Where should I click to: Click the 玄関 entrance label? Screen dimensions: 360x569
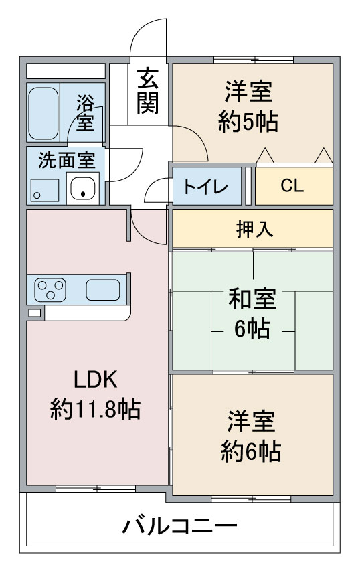[x=148, y=91]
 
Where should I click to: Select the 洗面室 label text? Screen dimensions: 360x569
[x=67, y=160]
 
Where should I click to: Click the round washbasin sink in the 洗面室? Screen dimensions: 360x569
[x=83, y=188]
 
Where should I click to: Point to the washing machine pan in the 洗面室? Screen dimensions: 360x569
[x=45, y=191]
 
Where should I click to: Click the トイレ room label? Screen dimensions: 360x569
[x=205, y=187]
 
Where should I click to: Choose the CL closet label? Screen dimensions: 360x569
[x=292, y=186]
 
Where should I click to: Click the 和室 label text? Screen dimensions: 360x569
[x=252, y=299]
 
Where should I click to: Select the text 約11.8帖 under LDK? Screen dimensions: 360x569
[x=95, y=409]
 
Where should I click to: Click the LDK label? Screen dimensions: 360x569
[x=96, y=380]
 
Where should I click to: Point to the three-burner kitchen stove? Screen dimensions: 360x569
[x=50, y=289]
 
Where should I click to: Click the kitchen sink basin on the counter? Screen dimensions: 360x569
[x=102, y=290]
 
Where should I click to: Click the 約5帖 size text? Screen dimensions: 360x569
[x=248, y=122]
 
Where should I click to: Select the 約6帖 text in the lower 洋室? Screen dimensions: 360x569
[x=251, y=451]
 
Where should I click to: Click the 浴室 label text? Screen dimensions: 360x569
[x=85, y=112]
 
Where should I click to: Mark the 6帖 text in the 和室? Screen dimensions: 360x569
[x=252, y=329]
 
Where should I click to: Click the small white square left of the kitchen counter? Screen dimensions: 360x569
[x=35, y=313]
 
